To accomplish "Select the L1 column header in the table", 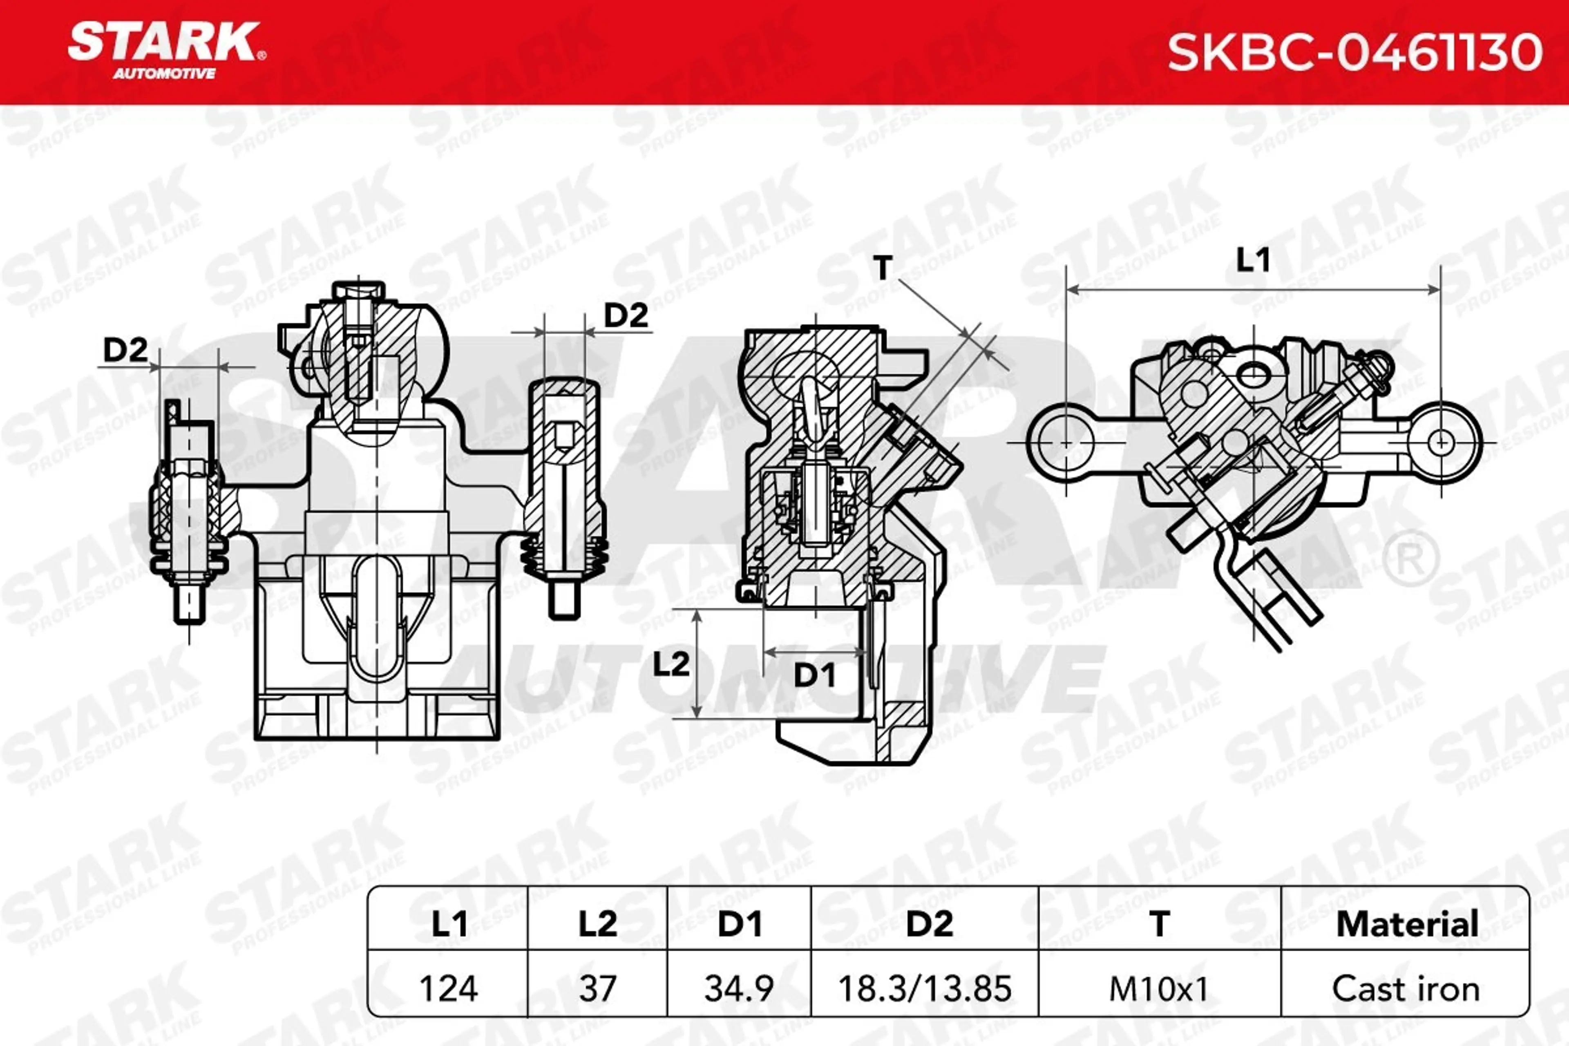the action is click(449, 924).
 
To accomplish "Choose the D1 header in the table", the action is click(739, 924).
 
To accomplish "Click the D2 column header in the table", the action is click(930, 924).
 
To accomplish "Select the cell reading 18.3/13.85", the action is click(925, 988).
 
